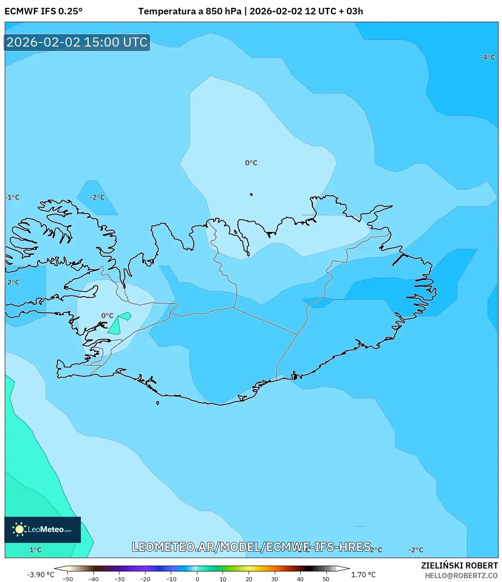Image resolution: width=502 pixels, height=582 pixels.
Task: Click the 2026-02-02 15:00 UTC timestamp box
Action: [77, 42]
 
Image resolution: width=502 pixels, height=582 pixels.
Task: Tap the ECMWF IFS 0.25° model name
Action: [43, 11]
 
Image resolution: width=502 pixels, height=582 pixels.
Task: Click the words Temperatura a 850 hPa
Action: [189, 11]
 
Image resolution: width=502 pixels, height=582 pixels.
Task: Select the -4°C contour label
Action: [487, 57]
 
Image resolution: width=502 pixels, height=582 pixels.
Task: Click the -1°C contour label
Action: [13, 197]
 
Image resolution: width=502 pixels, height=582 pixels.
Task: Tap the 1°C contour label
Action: [35, 550]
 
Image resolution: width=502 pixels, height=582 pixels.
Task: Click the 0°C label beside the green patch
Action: [107, 316]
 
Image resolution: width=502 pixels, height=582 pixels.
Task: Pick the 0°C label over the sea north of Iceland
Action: [251, 163]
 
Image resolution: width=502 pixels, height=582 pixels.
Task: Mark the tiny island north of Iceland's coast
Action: [251, 194]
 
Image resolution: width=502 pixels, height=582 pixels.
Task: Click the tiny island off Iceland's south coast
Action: [157, 403]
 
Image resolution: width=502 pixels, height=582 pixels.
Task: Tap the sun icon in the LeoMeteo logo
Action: [19, 529]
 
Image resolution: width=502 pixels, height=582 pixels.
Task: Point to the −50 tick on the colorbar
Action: [68, 579]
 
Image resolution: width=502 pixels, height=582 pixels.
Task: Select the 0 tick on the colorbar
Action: [197, 579]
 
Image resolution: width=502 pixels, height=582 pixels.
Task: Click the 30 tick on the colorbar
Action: [274, 579]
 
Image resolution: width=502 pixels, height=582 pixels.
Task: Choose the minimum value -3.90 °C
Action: [40, 575]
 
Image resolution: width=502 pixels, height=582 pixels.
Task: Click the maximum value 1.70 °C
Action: [363, 575]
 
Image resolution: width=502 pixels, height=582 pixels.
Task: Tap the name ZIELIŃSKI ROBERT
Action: [459, 565]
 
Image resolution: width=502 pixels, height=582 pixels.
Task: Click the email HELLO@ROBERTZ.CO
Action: [461, 575]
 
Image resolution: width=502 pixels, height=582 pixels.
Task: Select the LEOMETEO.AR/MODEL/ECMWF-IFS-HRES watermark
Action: [251, 547]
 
